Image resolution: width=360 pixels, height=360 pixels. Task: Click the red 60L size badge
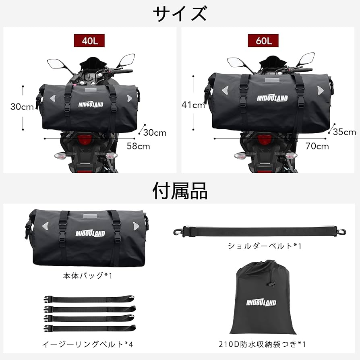point(263,41)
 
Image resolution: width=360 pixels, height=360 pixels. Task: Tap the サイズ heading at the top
point(180,13)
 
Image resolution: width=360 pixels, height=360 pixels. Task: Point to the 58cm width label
point(138,146)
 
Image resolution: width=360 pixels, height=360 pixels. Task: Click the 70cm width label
point(317,146)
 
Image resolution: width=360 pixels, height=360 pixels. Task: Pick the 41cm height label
point(193,106)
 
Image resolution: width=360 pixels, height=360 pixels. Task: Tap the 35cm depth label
point(344,132)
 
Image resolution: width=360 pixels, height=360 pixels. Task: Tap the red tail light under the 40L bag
point(85,140)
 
